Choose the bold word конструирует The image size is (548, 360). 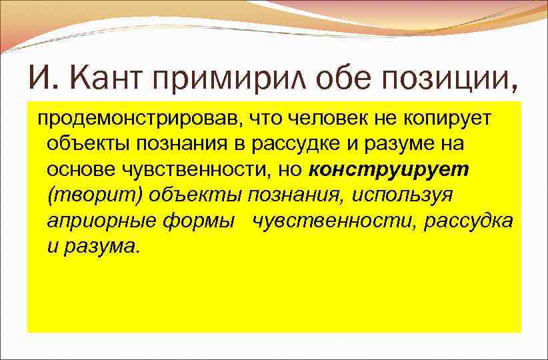click(389, 169)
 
